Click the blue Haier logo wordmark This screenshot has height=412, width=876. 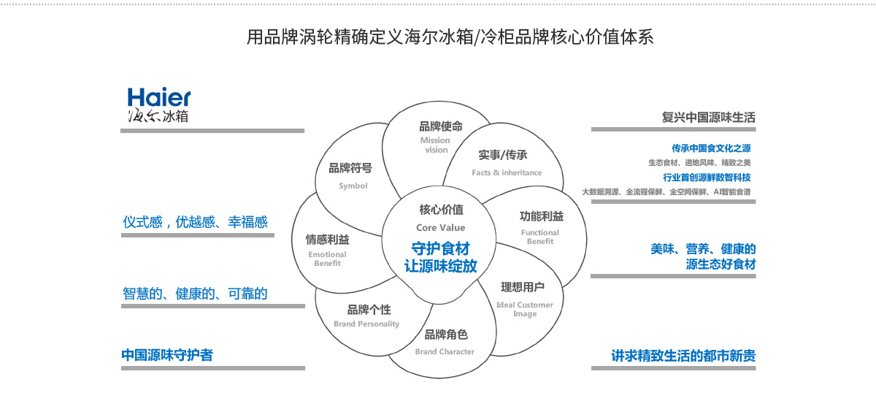[x=159, y=97]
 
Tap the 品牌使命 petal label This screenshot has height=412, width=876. [x=437, y=126]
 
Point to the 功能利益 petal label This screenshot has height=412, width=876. [x=541, y=216]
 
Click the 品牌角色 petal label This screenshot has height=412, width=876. [x=445, y=335]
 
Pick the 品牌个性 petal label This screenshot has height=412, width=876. [x=368, y=309]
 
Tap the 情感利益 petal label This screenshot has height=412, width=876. [x=327, y=239]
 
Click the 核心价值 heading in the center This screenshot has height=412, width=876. [x=440, y=210]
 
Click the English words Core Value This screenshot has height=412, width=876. [x=440, y=228]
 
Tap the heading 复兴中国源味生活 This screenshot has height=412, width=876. [x=708, y=117]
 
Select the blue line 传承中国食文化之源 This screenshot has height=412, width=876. [x=711, y=148]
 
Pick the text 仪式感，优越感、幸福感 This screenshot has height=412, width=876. [x=195, y=222]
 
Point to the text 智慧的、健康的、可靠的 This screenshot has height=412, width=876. [x=195, y=294]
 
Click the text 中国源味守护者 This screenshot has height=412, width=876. [x=167, y=355]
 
